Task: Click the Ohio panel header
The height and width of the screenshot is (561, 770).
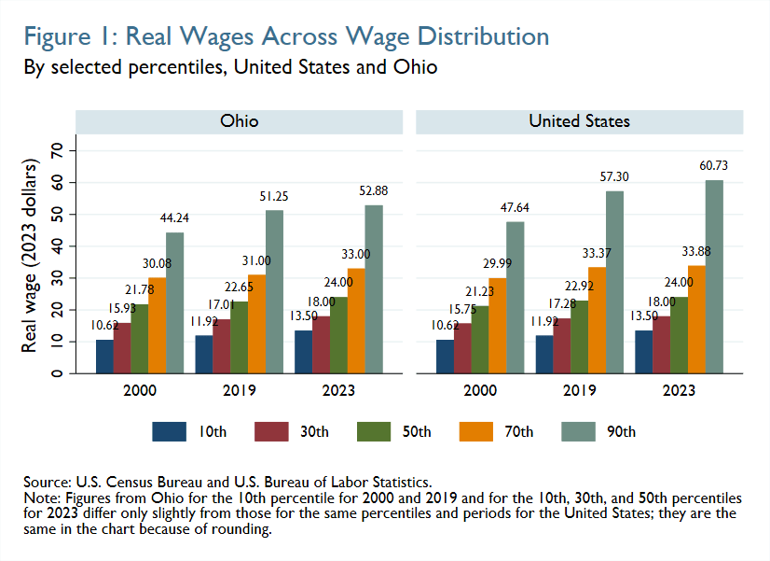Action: pyautogui.click(x=239, y=122)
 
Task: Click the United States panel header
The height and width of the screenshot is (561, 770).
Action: pyautogui.click(x=579, y=122)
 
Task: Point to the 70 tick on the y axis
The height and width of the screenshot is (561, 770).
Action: pyautogui.click(x=57, y=150)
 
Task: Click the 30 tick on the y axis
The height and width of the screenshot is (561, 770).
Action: pyautogui.click(x=57, y=277)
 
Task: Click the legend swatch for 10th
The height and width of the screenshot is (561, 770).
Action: pyautogui.click(x=169, y=431)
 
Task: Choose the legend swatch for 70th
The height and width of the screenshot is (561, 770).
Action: pyautogui.click(x=477, y=431)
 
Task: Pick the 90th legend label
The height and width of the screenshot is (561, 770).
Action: pyautogui.click(x=622, y=431)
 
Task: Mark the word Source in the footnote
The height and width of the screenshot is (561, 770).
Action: pyautogui.click(x=45, y=481)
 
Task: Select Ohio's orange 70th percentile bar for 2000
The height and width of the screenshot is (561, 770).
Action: pyautogui.click(x=157, y=326)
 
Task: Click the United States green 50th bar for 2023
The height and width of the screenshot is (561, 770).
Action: pyautogui.click(x=679, y=335)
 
